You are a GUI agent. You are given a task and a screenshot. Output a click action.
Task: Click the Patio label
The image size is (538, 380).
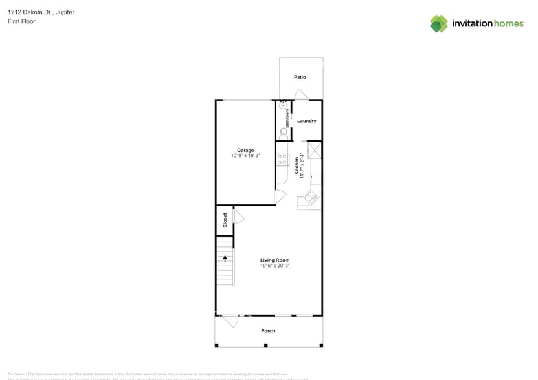tap(300, 77)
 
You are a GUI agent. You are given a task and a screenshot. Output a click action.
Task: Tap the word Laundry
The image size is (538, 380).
tap(306, 121)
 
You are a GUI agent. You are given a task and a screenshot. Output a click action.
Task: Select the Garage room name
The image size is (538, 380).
tap(245, 150)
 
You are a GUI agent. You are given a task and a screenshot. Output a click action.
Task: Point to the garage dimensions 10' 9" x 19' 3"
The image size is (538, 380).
tap(245, 156)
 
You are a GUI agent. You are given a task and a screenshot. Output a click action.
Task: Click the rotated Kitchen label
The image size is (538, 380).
tap(297, 166)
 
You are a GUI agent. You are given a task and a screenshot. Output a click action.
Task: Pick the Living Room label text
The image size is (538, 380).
tap(275, 260)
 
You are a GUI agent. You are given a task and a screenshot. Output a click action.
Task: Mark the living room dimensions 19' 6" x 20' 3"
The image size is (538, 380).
tap(275, 266)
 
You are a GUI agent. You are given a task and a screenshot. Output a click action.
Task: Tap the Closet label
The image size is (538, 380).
tap(225, 220)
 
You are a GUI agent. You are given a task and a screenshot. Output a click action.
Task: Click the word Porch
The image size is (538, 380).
tap(268, 331)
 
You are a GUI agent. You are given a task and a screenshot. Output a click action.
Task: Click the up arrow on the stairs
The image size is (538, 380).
tap(225, 259)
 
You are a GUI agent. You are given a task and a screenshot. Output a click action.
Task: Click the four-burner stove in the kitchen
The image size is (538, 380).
tap(282, 159)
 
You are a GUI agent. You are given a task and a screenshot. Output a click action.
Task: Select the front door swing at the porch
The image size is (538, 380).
tap(229, 321)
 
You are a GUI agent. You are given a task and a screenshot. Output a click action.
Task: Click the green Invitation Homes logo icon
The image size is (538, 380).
tap(439, 24)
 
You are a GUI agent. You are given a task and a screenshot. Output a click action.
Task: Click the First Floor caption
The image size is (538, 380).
tap(21, 21)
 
